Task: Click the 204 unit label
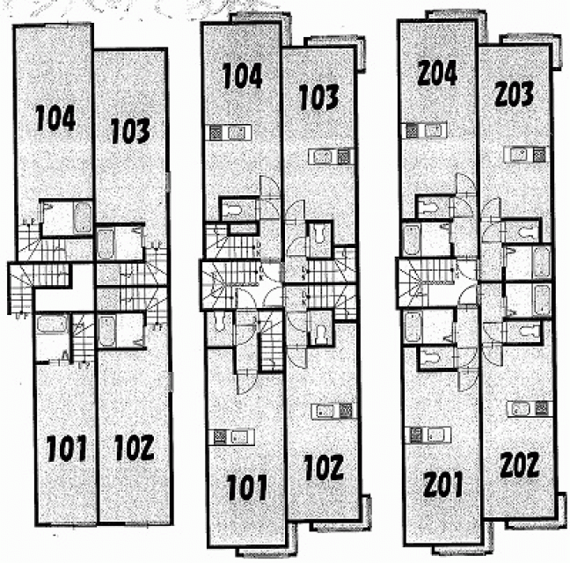tap(437, 73)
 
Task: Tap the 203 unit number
tap(514, 93)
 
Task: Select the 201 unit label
tap(442, 484)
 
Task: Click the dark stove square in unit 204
tap(412, 131)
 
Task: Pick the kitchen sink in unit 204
tap(435, 131)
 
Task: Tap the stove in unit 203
tap(539, 155)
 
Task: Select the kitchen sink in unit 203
tap(517, 155)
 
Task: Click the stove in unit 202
tap(542, 409)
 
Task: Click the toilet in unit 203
tap(526, 231)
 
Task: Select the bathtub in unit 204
tap(411, 240)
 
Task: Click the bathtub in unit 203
tap(541, 261)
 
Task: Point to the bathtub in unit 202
tap(541, 300)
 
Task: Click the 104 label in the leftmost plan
tap(55, 118)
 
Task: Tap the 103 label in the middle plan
tap(318, 97)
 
